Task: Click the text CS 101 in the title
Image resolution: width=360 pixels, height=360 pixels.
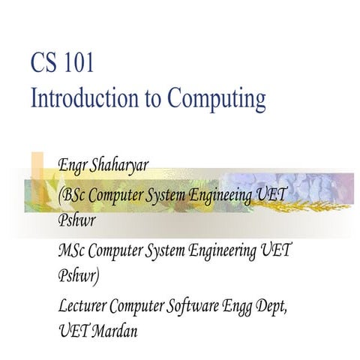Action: pyautogui.click(x=62, y=63)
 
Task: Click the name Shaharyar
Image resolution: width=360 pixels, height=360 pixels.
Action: pyautogui.click(x=123, y=165)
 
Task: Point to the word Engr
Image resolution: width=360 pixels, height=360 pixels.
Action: pyautogui.click(x=73, y=165)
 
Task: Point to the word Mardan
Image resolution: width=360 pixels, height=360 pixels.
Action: pyautogui.click(x=112, y=330)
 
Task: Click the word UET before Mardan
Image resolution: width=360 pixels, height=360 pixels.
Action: pyautogui.click(x=72, y=330)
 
